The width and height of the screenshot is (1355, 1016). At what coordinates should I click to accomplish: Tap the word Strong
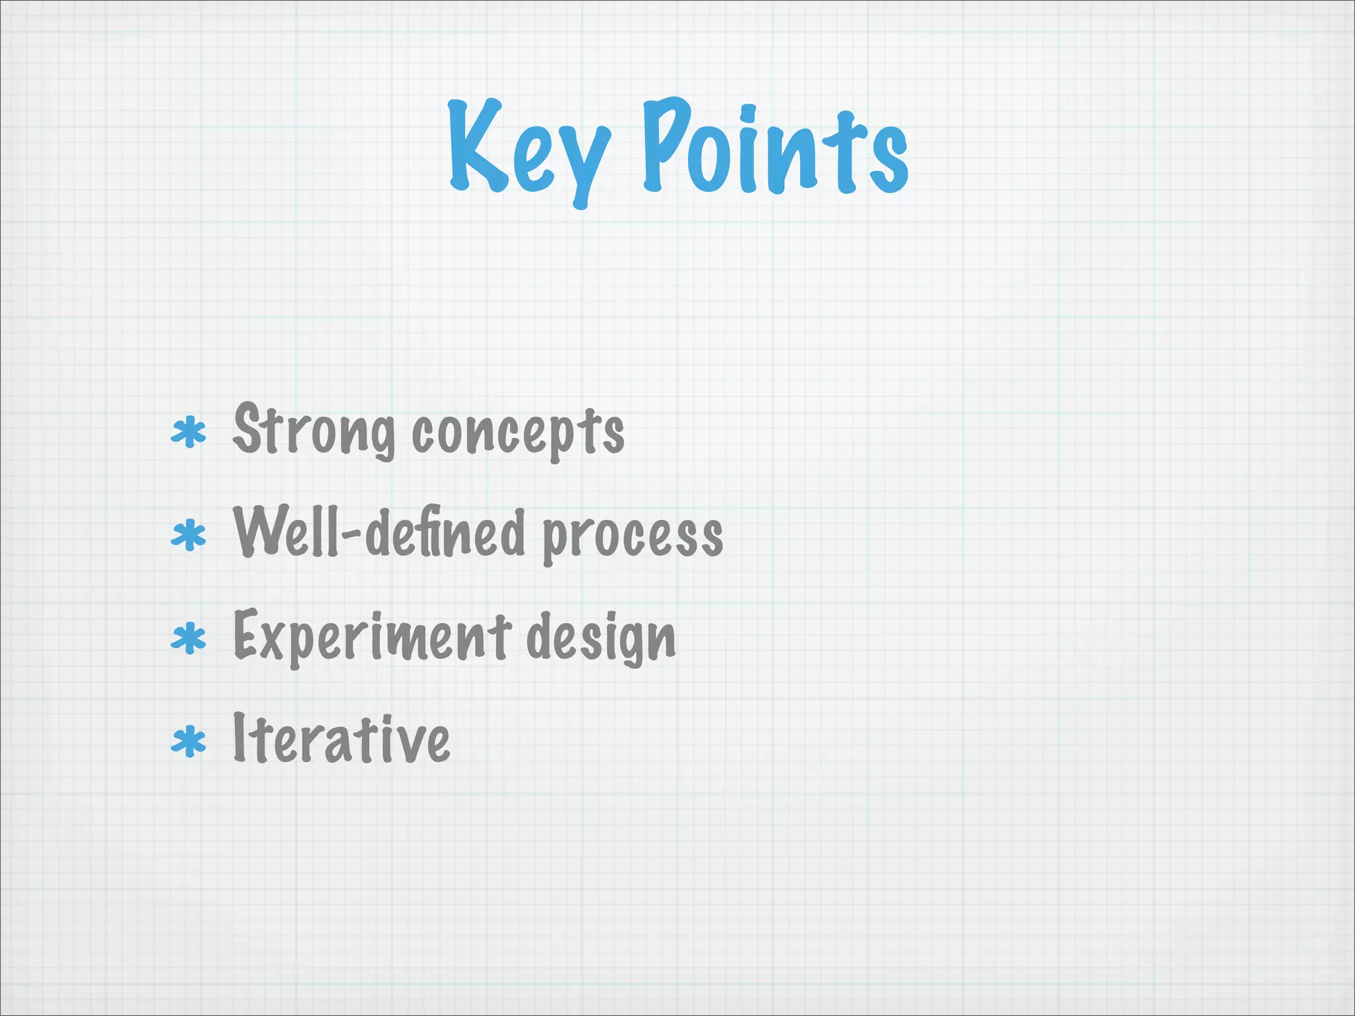[314, 430]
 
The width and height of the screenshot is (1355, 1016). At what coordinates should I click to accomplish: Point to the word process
[633, 536]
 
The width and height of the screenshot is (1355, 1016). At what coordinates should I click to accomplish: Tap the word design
[601, 636]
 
